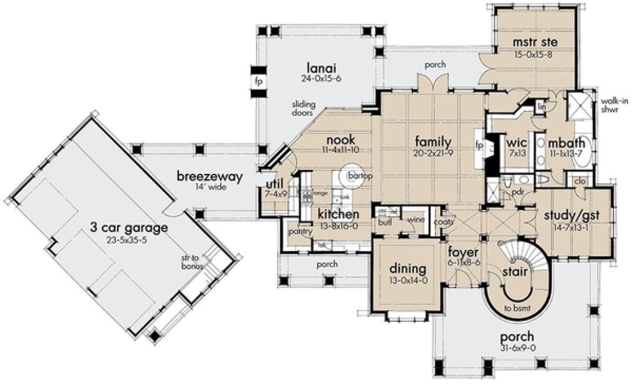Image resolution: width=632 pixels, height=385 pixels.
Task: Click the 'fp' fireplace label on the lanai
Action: (x=258, y=81)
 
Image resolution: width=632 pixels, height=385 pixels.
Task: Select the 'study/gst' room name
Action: (x=571, y=216)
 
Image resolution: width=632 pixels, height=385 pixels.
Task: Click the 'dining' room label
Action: (x=408, y=269)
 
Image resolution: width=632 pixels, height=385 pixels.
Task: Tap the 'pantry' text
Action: (x=300, y=231)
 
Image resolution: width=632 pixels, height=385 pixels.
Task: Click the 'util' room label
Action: (x=273, y=185)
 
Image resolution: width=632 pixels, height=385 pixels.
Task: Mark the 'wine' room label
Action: (x=415, y=220)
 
